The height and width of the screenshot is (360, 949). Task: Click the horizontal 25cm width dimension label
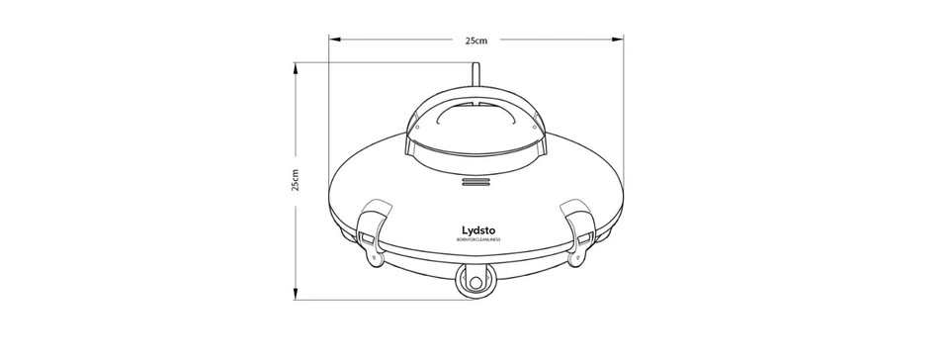coord(476,41)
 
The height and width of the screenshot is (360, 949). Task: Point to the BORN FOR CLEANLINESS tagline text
coord(478,240)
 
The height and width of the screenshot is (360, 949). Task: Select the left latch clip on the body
coord(373,226)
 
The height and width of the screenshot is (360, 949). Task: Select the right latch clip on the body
coord(579,226)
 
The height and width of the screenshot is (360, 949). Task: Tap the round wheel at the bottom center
coord(475,283)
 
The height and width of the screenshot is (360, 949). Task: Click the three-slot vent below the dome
coord(476,182)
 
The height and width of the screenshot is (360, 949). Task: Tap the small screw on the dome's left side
coord(417,127)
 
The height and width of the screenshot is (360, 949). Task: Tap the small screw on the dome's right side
coord(535,127)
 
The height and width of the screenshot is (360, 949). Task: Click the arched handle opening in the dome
coord(476,118)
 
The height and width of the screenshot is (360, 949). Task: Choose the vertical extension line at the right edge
coord(624,119)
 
